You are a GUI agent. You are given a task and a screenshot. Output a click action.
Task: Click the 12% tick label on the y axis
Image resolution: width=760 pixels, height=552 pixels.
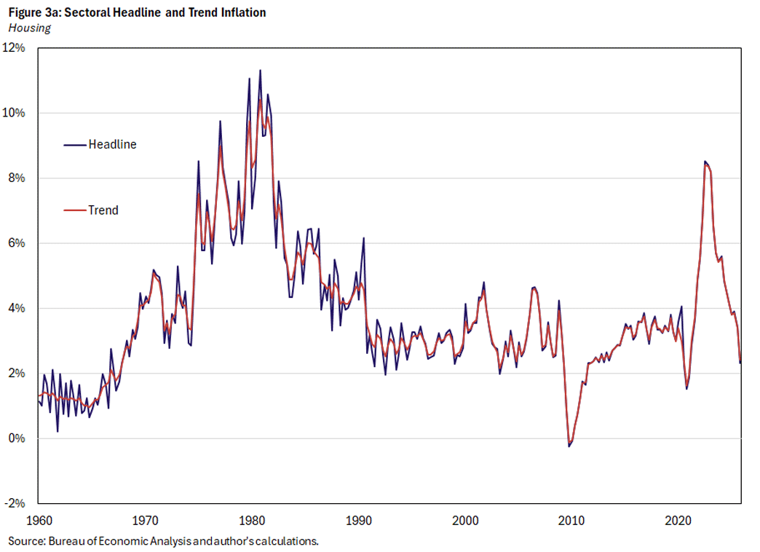coord(15,48)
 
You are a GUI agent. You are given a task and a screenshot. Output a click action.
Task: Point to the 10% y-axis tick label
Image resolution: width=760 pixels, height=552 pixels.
coord(15,113)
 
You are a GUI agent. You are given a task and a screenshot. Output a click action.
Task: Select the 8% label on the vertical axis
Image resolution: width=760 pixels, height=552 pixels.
coord(18,178)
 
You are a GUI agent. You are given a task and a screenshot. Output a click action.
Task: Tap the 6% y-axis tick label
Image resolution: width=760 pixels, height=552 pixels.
coord(18,243)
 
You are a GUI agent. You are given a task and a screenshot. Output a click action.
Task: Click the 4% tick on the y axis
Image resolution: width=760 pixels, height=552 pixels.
coord(18,308)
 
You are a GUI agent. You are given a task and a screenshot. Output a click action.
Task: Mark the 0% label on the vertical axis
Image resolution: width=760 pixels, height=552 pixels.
coord(18,438)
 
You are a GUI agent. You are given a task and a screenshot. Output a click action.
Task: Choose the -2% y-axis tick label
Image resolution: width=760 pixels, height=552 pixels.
coord(17,503)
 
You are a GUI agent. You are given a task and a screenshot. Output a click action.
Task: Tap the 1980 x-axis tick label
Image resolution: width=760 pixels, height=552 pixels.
coord(252,521)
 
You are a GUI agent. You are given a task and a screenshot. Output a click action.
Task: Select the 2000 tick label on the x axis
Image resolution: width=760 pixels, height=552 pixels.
coord(465,521)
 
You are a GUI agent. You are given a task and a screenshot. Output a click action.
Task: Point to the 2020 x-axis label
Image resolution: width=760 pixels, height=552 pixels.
coord(678,521)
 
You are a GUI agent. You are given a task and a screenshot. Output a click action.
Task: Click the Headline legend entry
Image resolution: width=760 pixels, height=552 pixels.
coord(111,144)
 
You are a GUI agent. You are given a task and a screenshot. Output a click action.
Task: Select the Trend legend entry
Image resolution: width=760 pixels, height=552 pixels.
coord(103,210)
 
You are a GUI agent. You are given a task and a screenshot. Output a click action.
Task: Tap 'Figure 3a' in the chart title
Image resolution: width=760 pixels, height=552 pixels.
coord(30,12)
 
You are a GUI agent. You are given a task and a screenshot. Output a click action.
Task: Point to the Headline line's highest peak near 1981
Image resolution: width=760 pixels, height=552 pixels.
coord(260,71)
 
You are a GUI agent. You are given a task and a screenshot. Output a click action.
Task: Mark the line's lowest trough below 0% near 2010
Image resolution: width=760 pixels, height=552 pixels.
coord(569,446)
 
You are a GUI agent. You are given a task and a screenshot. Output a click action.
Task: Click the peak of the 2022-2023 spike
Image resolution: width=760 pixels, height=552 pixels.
coord(704,162)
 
